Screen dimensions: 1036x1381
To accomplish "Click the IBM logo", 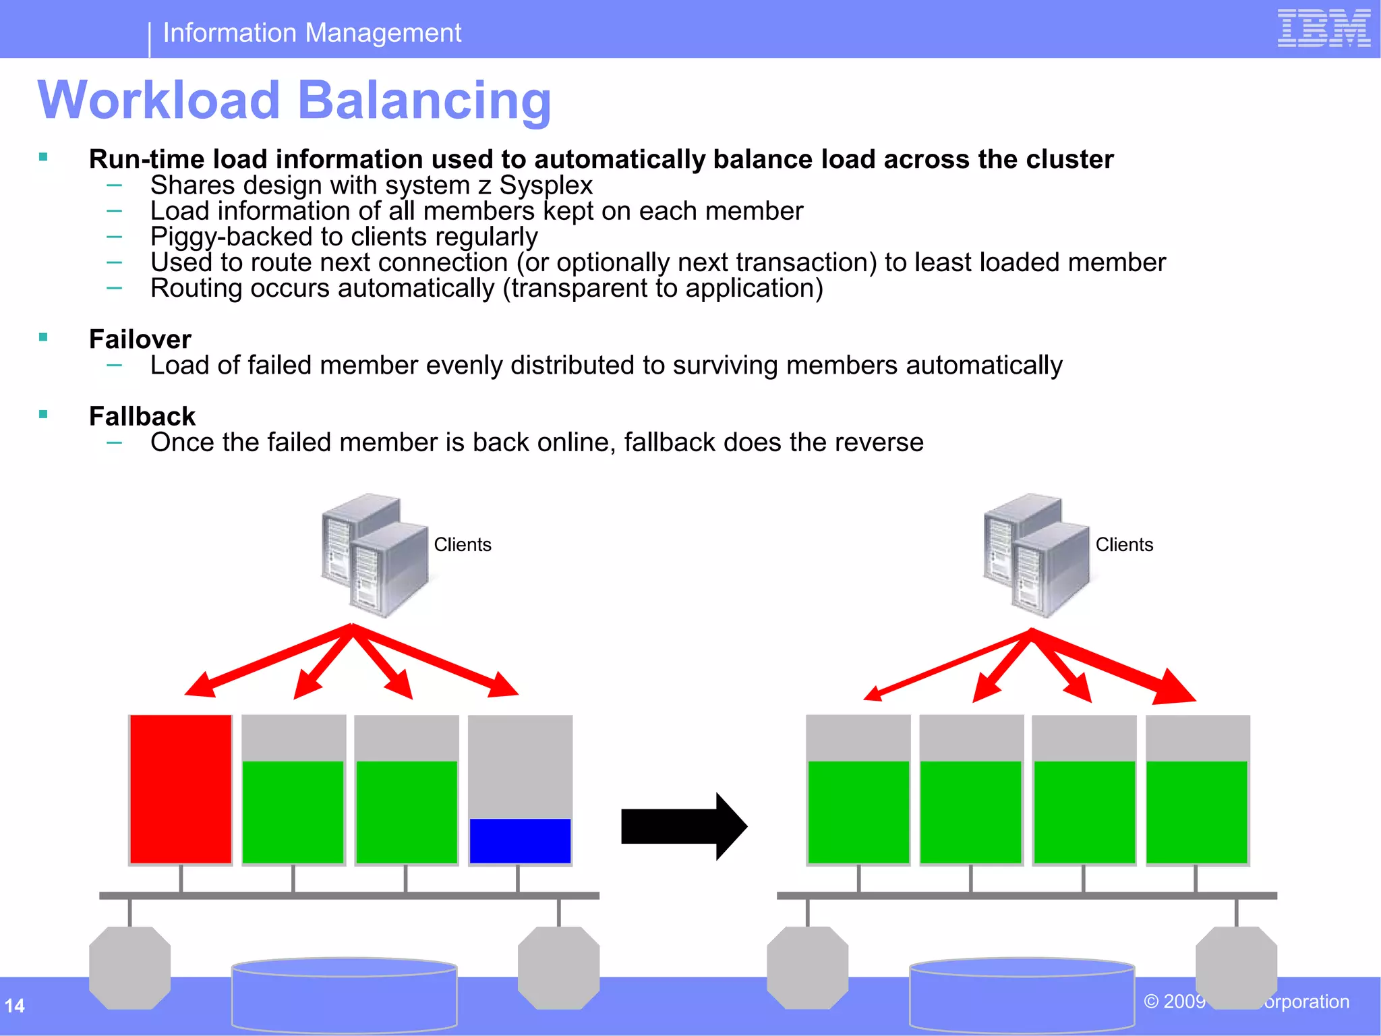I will (1324, 28).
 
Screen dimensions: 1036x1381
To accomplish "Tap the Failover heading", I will (140, 339).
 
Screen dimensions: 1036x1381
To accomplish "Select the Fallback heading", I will (142, 416).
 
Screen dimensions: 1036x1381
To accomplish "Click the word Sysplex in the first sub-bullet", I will (546, 185).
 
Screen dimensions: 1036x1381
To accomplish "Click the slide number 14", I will (15, 1006).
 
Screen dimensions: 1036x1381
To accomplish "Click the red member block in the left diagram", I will (181, 789).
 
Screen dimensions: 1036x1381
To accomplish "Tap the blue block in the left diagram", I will (520, 840).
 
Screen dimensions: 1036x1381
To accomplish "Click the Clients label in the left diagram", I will (463, 544).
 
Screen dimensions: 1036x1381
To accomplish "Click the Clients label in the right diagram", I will (1124, 544).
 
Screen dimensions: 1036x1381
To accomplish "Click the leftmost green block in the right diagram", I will (858, 811).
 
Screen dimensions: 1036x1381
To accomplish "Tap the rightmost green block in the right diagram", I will (1197, 811).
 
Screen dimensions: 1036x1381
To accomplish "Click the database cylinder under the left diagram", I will (344, 995).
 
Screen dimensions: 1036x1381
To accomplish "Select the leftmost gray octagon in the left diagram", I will (129, 967).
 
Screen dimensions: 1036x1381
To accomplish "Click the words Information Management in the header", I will (312, 33).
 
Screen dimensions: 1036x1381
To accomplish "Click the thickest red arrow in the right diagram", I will (1119, 668).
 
